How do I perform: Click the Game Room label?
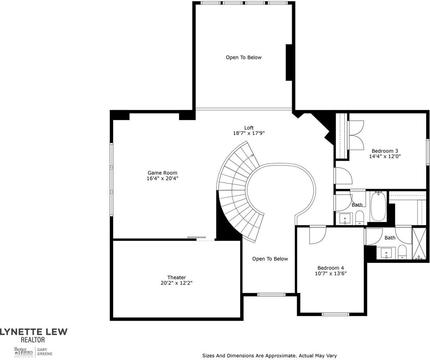162,173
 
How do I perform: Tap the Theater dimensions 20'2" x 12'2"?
176,283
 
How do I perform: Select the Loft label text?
249,128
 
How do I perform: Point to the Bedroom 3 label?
385,151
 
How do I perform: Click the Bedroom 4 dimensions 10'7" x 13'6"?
330,273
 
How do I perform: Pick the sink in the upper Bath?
345,218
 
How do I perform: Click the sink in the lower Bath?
386,253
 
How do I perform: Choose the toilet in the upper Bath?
360,217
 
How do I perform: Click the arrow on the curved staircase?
252,154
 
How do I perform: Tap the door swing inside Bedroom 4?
317,235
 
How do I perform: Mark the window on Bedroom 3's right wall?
427,152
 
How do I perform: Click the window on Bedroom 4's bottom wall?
335,314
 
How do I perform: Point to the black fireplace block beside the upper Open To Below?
289,62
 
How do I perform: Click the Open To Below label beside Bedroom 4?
270,259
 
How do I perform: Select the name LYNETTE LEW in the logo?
34,332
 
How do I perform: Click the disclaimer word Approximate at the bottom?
281,355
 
